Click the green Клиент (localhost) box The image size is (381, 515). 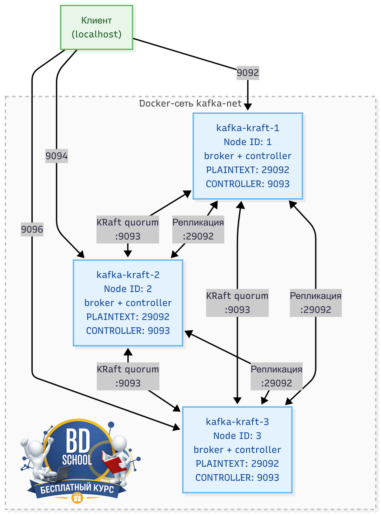click(x=97, y=27)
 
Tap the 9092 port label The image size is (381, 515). click(x=248, y=73)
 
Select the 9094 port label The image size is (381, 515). click(x=57, y=156)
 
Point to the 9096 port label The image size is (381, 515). click(x=32, y=229)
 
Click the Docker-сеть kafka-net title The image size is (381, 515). click(x=190, y=103)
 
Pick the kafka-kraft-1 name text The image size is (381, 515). click(x=248, y=128)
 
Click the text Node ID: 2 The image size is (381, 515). click(x=128, y=289)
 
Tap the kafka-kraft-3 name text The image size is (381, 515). click(x=237, y=422)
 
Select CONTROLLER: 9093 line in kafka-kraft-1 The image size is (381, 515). click(x=248, y=184)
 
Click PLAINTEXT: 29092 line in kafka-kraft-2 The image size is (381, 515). click(x=128, y=317)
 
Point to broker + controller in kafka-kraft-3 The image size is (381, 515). click(x=237, y=450)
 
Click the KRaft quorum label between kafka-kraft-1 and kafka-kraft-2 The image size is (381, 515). click(x=128, y=229)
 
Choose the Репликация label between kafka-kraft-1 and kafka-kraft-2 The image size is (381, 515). click(x=198, y=229)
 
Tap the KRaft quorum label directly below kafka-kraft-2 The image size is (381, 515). click(x=128, y=376)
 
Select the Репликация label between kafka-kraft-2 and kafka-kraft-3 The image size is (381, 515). click(x=277, y=376)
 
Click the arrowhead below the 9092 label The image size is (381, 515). click(x=248, y=107)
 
